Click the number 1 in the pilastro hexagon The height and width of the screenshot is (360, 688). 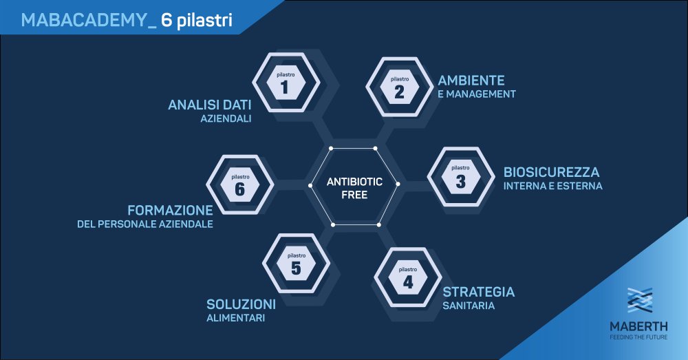pos(286,87)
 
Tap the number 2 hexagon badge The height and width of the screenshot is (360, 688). pos(399,87)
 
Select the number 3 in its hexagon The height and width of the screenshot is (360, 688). pos(460,181)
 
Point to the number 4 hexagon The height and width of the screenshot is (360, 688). pos(408,277)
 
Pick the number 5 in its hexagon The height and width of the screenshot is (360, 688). pos(296,268)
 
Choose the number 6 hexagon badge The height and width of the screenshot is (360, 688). pos(240,184)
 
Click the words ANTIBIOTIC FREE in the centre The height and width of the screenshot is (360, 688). pos(354,188)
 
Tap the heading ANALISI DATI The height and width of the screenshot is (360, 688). pos(210,105)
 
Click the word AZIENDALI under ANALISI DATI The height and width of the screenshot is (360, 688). pos(226,118)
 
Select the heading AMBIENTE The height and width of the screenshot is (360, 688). pos(471,81)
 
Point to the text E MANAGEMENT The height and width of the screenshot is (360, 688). pos(477,94)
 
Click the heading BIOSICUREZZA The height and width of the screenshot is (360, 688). pos(551,171)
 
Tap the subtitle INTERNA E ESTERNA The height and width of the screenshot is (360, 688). pos(553,186)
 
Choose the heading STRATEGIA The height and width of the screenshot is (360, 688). pos(479,292)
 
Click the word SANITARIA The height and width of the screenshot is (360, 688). pos(469,306)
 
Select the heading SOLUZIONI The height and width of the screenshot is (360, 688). pos(241,304)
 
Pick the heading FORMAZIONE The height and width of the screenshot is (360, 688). pos(170,210)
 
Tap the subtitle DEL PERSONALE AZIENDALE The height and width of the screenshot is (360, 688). pos(145,224)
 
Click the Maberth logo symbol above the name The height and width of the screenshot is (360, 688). pos(640,300)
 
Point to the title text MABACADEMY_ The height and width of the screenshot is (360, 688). pos(89,20)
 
